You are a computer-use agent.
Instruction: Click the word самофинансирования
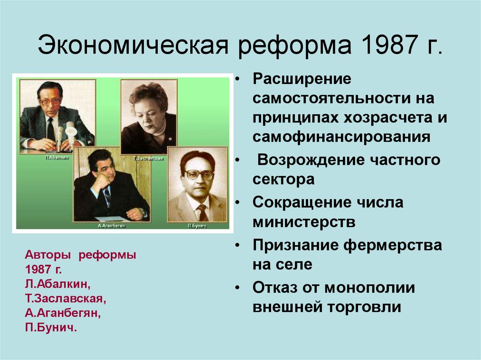[x=341, y=137]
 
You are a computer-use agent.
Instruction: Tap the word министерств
[x=303, y=222]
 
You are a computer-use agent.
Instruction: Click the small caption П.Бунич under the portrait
[x=197, y=226]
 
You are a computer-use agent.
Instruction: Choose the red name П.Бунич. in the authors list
[x=51, y=327]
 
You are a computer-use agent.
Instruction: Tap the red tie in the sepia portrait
[x=202, y=212]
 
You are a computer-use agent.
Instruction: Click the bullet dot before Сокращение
[x=239, y=203]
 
